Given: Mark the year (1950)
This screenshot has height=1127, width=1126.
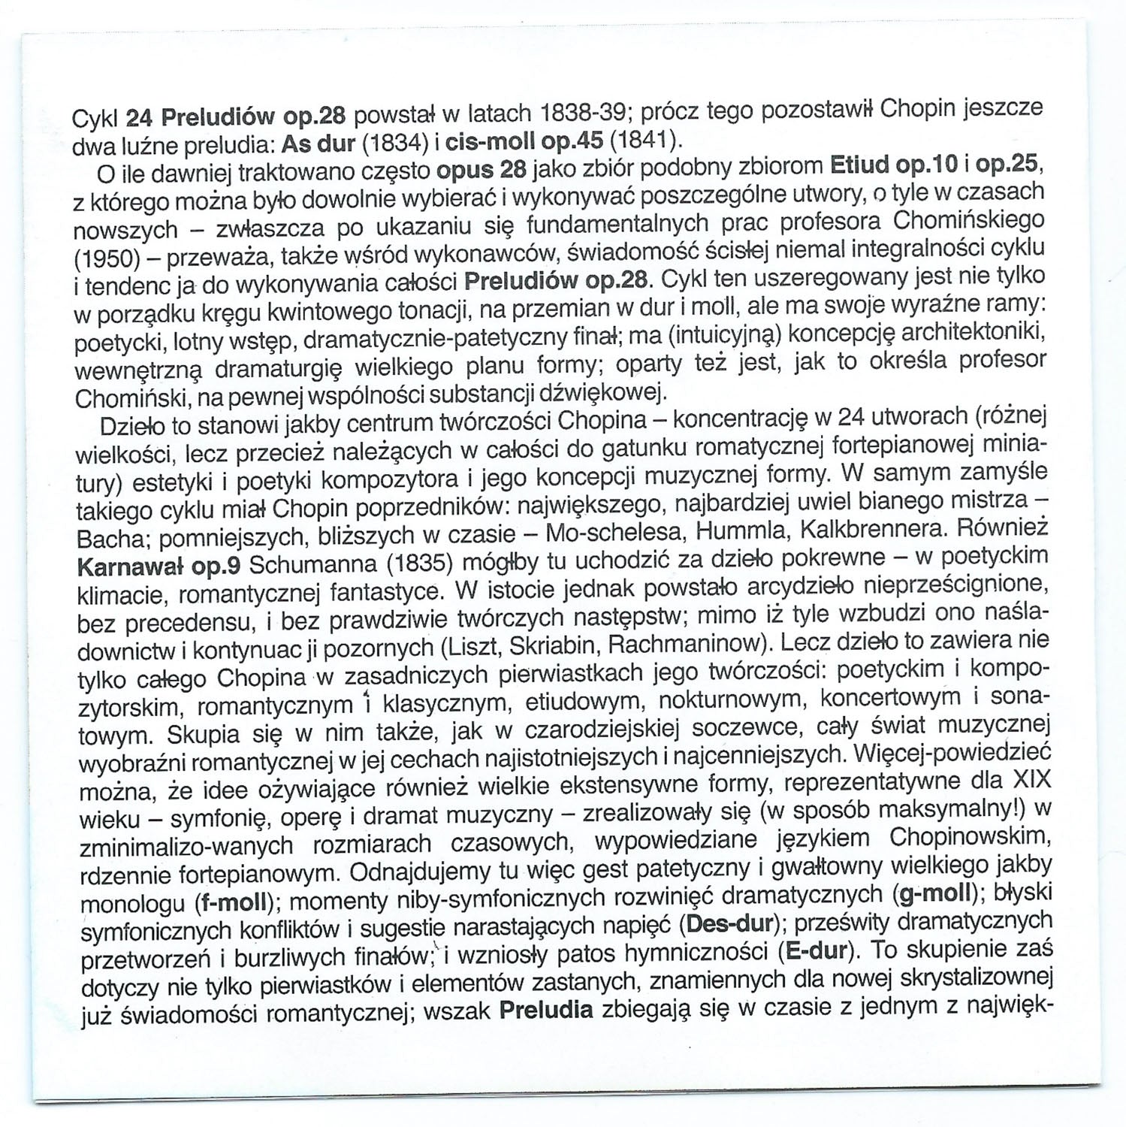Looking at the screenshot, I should coord(106,259).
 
